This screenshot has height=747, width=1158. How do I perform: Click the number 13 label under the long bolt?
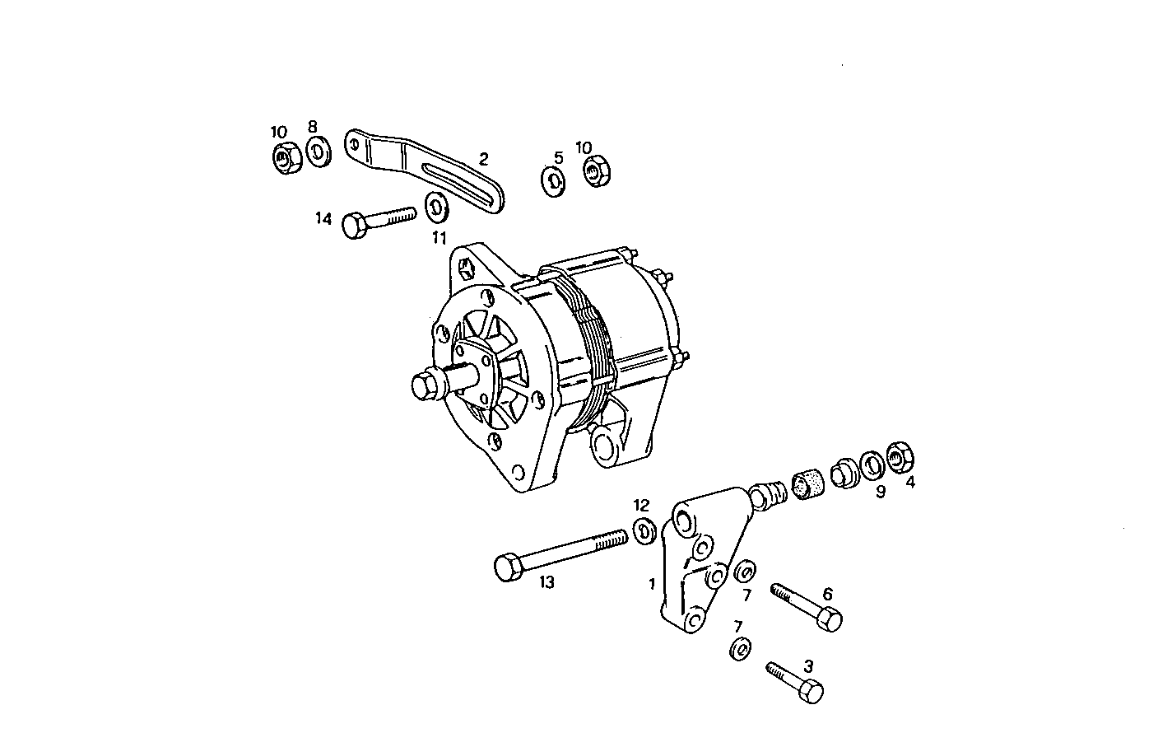click(546, 582)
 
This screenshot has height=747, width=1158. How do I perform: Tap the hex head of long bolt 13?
click(507, 567)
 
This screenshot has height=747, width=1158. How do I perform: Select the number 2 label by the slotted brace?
click(483, 159)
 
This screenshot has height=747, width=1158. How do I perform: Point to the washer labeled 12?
click(644, 531)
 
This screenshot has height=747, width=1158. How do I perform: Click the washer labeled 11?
click(435, 207)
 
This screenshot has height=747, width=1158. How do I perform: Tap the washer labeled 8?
click(317, 152)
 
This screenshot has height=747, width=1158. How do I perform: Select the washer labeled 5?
click(553, 181)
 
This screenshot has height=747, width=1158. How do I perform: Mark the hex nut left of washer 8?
click(285, 157)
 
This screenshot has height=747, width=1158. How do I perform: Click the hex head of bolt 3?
click(811, 691)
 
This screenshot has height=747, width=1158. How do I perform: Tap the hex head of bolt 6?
click(830, 619)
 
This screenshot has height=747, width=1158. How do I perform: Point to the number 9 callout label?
click(880, 493)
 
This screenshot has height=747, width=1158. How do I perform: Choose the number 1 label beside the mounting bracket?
click(652, 584)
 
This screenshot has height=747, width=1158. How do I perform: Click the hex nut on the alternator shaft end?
click(423, 385)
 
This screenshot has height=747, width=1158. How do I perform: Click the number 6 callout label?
click(827, 594)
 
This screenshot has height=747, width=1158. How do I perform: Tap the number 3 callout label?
click(808, 665)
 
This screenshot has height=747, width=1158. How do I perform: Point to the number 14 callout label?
click(323, 219)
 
